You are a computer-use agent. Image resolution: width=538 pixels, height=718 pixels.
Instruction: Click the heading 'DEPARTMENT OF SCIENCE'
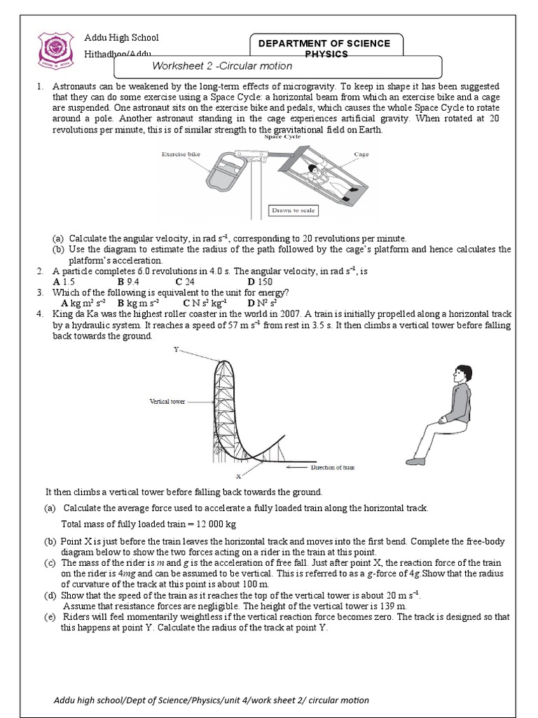324,43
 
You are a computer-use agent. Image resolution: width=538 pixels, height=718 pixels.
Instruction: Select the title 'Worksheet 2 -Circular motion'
216,66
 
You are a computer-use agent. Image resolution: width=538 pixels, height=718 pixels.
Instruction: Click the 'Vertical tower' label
167,401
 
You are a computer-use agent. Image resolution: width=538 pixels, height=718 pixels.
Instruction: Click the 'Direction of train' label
336,467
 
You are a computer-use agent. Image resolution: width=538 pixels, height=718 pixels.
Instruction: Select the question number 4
40,314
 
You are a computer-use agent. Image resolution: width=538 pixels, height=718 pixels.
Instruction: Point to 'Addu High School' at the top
121,38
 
